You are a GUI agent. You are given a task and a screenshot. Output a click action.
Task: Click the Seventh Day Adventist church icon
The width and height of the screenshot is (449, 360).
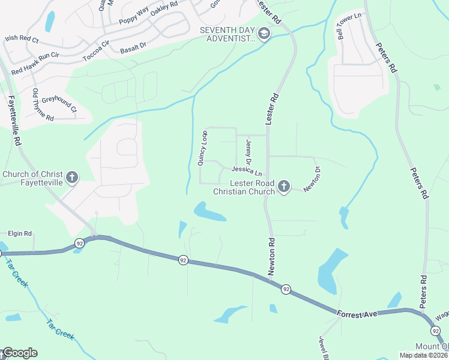[x=264, y=35]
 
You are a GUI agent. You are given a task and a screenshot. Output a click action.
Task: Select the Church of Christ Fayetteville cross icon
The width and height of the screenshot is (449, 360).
[x=72, y=178]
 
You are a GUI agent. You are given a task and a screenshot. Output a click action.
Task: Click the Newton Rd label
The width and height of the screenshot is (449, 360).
[x=271, y=257]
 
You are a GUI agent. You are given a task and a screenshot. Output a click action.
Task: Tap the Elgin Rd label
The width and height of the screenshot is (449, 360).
[x=19, y=233]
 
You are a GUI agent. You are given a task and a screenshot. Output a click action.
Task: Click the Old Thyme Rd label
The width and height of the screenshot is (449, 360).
[x=43, y=105]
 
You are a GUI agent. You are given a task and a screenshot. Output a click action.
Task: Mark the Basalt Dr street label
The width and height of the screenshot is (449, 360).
[x=133, y=47]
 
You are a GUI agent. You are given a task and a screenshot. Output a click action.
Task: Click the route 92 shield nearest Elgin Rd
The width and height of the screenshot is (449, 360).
[x=79, y=243]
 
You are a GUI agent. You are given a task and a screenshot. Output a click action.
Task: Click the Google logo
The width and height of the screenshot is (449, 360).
[x=19, y=353]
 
